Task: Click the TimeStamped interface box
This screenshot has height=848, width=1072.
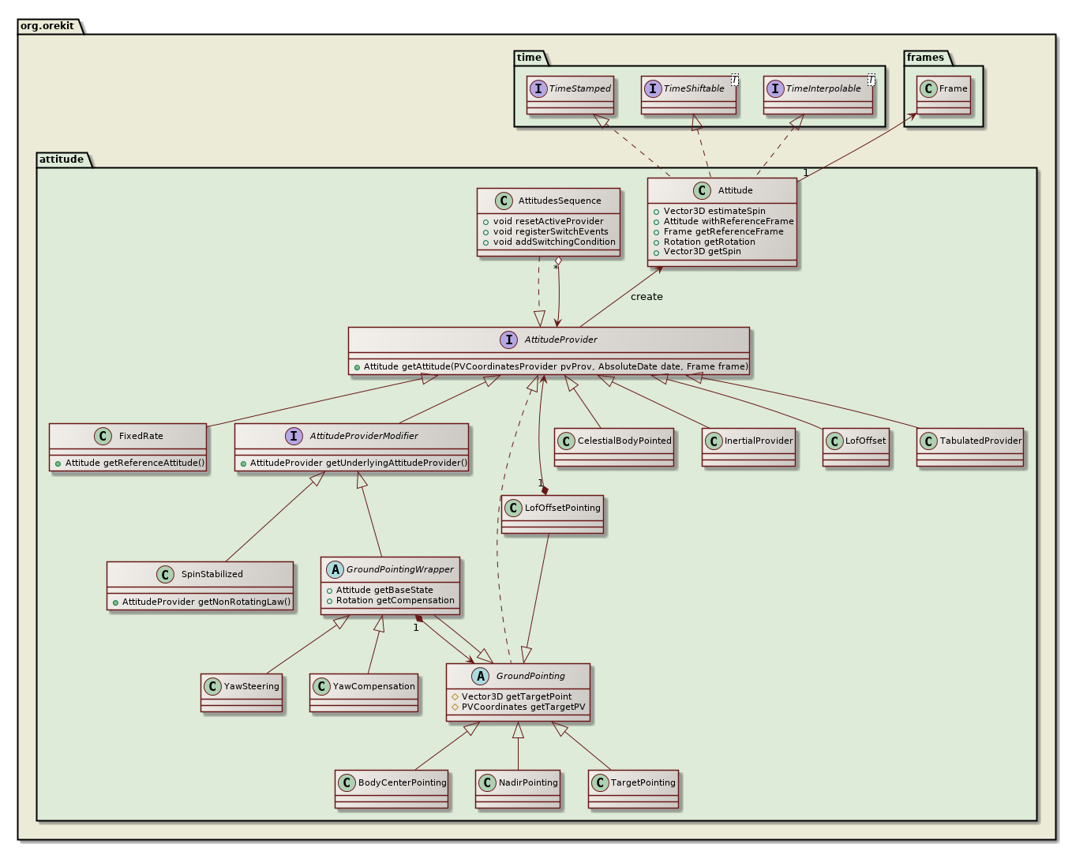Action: click(571, 95)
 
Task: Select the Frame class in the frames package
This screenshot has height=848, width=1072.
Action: click(943, 95)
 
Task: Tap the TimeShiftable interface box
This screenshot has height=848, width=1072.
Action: click(689, 95)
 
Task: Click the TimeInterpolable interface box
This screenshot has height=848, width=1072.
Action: click(819, 95)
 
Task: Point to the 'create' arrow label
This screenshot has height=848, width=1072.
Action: click(647, 297)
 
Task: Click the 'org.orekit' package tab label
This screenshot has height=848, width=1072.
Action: click(47, 26)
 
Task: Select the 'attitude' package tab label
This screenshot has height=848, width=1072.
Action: click(62, 159)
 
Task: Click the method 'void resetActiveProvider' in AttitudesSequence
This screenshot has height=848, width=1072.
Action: click(548, 222)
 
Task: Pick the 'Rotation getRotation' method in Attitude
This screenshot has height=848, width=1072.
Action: click(709, 242)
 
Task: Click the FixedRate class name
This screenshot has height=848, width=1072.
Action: click(141, 436)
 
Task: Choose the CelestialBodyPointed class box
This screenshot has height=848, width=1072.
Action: click(614, 447)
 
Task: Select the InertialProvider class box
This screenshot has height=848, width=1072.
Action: click(748, 447)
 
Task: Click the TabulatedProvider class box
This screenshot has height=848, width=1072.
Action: click(970, 447)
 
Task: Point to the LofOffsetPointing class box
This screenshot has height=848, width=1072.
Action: click(553, 514)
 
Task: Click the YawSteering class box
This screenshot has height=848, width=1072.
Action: click(242, 692)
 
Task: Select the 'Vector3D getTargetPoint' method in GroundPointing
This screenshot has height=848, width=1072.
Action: click(516, 696)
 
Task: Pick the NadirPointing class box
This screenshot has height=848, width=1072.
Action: click(518, 789)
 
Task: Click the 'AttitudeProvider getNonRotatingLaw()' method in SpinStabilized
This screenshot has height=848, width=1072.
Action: click(206, 602)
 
